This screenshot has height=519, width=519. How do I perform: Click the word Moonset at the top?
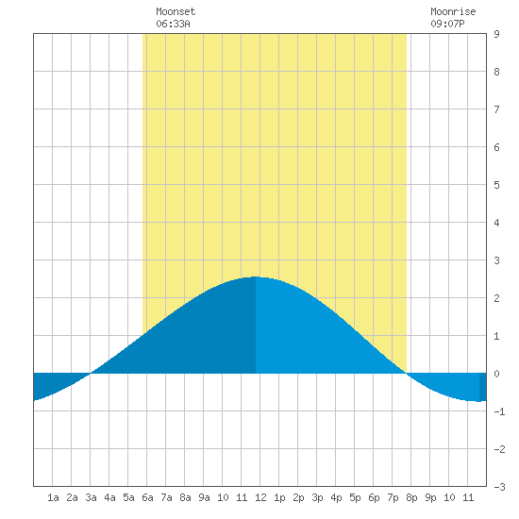tap(176, 11)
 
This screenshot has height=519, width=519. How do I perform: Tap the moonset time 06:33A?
tap(173, 24)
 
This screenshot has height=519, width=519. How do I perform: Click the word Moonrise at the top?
tap(453, 11)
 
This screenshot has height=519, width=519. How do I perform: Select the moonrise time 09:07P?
tap(447, 24)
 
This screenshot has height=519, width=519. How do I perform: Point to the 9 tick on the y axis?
tap(496, 34)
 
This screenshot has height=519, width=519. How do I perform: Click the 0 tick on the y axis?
tap(496, 374)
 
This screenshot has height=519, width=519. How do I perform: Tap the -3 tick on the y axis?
tap(499, 487)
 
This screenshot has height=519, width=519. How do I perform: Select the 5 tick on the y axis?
tap(496, 185)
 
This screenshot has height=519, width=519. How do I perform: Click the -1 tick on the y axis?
tap(499, 411)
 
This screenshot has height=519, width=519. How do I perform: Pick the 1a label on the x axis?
tap(53, 497)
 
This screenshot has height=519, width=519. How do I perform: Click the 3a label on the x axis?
tap(91, 497)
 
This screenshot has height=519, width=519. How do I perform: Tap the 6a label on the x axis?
tap(147, 497)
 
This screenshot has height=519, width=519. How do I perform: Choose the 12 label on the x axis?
tap(260, 497)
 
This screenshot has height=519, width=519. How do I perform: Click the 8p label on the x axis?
tap(411, 497)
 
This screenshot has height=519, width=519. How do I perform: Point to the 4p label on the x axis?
tap(336, 497)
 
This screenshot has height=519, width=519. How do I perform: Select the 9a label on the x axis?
tap(204, 497)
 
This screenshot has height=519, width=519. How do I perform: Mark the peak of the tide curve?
tap(256, 276)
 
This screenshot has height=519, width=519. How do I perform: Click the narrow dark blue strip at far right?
tap(483, 387)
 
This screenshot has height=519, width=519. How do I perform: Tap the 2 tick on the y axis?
tap(496, 298)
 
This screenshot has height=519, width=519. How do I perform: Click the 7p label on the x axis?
tap(393, 497)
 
